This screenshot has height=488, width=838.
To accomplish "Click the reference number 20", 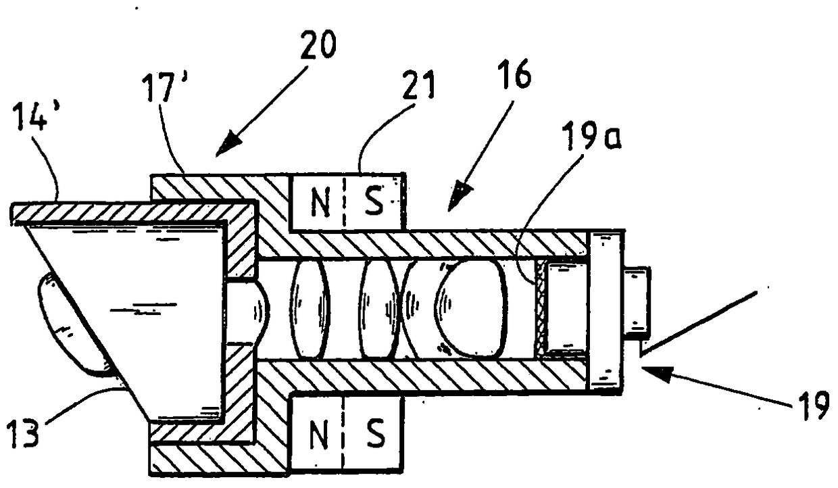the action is [319, 45].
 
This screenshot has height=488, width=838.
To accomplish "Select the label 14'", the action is [36, 116].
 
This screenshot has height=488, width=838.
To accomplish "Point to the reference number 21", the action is [418, 85].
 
